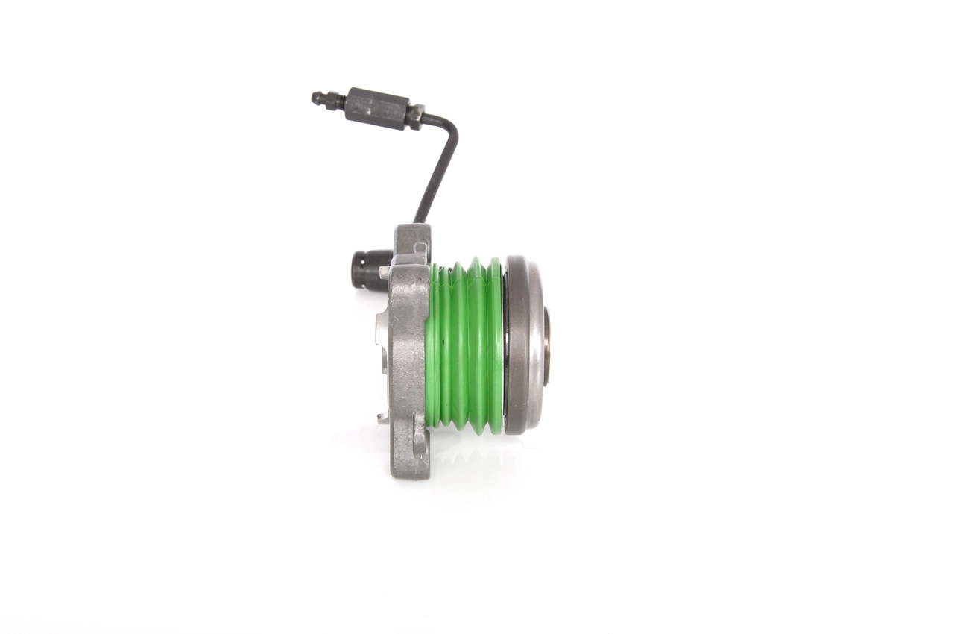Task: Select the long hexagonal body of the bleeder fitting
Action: [377, 108]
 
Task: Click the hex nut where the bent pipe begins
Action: [415, 116]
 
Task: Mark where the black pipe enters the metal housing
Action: [420, 221]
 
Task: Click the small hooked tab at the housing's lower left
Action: [382, 418]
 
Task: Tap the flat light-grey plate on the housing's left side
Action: [381, 339]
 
